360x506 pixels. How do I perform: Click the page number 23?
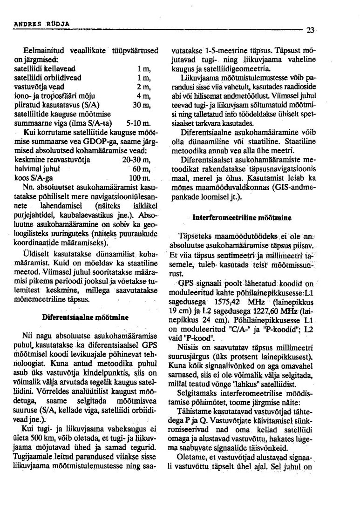coord(311,31)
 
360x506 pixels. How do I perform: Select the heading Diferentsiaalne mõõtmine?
coord(85,317)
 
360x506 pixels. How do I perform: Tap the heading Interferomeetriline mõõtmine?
coord(242,217)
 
